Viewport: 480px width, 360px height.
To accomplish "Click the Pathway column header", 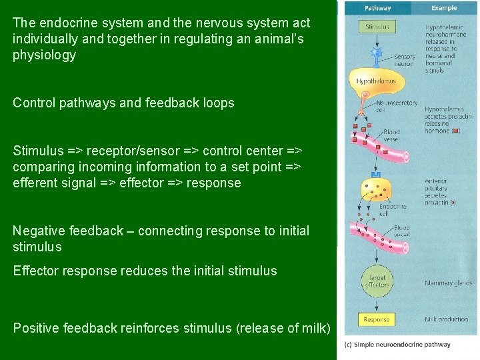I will [x=377, y=8].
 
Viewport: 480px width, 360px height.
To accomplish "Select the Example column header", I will [x=443, y=8].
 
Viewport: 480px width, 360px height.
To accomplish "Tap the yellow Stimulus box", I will [x=377, y=27].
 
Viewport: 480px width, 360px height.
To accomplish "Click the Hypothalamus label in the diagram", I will [x=376, y=81].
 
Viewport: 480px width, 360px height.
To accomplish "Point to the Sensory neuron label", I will [x=404, y=61].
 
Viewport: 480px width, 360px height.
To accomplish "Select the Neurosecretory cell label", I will [x=397, y=107].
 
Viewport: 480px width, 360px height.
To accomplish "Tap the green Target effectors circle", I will [x=377, y=281].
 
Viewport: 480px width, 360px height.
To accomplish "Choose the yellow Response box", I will [x=377, y=320].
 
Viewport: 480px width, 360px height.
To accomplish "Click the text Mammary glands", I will [x=449, y=283].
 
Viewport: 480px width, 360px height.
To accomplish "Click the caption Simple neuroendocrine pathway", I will [x=397, y=345].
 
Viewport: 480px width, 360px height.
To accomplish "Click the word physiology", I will [x=44, y=55].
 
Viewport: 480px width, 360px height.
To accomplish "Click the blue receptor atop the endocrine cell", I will [x=377, y=175].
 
